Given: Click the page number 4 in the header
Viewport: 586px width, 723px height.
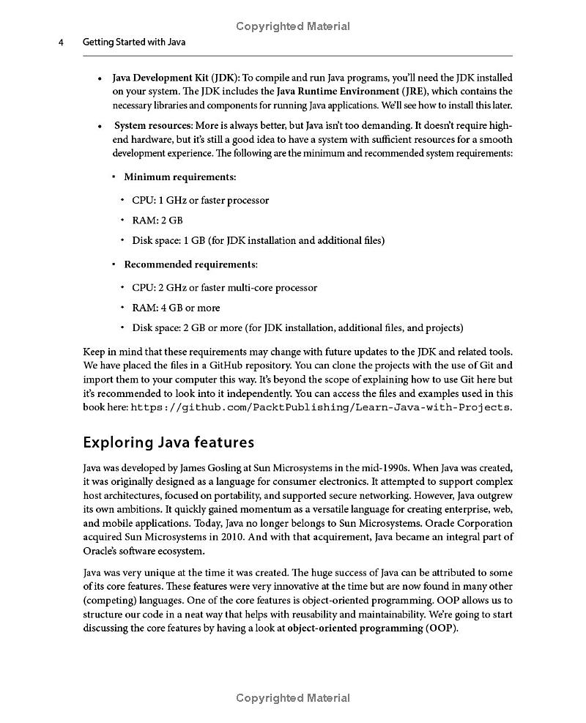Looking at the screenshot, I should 62,42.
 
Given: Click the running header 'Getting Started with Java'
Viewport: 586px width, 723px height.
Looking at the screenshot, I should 134,42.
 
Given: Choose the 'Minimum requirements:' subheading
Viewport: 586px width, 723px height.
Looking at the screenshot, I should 179,177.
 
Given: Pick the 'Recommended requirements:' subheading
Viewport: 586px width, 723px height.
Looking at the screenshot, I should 190,264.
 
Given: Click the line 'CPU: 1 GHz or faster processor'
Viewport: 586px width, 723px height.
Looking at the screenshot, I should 200,200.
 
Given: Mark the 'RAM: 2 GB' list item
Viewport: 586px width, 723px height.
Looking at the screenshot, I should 157,220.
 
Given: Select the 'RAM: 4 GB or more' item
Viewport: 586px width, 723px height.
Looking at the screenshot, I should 176,308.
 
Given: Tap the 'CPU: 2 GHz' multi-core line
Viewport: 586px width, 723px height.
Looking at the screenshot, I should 224,287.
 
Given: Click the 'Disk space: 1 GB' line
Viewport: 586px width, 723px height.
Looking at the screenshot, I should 258,240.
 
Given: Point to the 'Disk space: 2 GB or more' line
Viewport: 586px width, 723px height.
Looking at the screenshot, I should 297,327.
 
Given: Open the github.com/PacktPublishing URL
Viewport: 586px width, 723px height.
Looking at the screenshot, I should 321,407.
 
